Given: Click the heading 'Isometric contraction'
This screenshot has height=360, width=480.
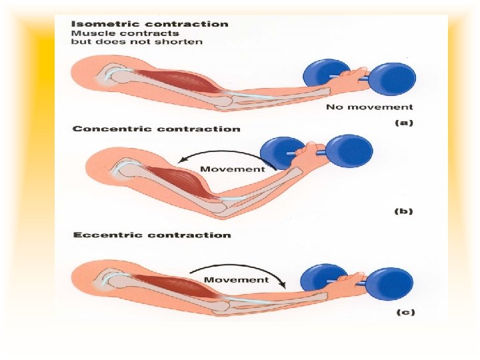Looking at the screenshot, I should coord(149,24).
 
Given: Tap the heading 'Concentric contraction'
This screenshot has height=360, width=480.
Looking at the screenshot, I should coord(156,129).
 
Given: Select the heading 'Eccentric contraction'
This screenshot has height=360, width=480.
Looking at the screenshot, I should coord(151,235).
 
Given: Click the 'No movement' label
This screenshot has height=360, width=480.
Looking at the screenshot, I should coord(369,107).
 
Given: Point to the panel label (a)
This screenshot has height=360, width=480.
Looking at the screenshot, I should coord(403,123).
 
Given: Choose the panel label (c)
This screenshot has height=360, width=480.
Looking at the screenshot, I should coord(403,313).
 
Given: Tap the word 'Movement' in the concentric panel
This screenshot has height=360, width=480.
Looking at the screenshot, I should coord(232,169).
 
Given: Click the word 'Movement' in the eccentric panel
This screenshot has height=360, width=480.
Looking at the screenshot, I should coord(236,279).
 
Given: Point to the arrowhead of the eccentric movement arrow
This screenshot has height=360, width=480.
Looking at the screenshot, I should coord(283,285).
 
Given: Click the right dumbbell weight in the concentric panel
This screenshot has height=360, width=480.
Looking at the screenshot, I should coord(350,151).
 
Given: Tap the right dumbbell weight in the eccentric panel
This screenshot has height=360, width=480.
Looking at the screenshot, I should coord(390,284).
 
